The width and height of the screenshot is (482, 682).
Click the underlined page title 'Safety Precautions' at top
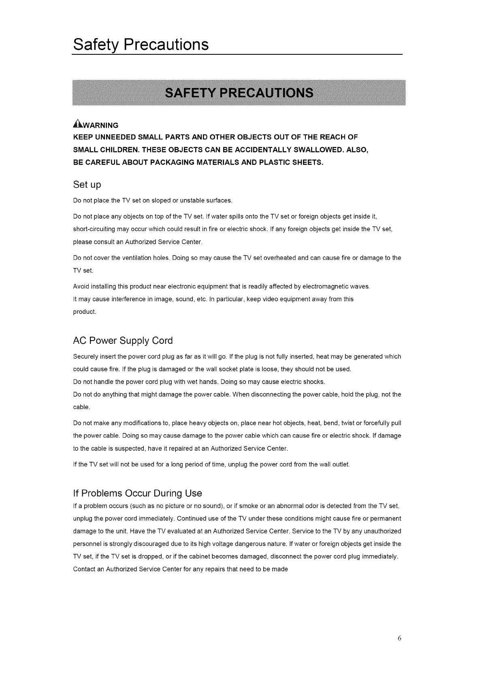pyautogui.click(x=141, y=45)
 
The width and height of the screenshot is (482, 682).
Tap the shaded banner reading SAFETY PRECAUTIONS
pyautogui.click(x=239, y=93)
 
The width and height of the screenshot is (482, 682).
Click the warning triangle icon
pyautogui.click(x=77, y=124)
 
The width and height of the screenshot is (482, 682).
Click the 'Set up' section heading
pyautogui.click(x=87, y=185)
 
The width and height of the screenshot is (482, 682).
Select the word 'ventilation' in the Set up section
pyautogui.click(x=137, y=258)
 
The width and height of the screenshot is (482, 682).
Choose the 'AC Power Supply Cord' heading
pyautogui.click(x=123, y=341)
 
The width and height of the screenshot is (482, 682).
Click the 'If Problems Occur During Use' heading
pyautogui.click(x=137, y=493)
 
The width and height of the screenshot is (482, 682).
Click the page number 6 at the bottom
pyautogui.click(x=399, y=638)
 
